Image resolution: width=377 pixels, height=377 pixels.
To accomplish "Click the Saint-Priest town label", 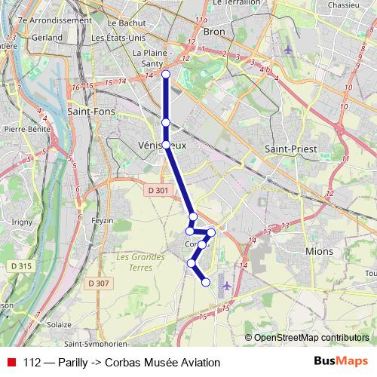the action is tap(290, 149).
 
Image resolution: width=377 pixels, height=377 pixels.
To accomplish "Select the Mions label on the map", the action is tap(320, 251).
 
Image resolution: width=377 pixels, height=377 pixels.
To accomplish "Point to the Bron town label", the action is tap(214, 33).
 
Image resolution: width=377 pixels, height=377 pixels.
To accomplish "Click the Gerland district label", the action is tap(47, 36).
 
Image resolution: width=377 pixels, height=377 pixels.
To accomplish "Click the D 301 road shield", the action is tap(158, 191).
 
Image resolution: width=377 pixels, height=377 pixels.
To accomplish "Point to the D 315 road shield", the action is tap(20, 266).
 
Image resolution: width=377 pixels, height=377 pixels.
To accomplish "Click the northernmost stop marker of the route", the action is tap(166, 74).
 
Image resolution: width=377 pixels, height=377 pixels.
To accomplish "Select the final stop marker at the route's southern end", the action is tap(206, 282).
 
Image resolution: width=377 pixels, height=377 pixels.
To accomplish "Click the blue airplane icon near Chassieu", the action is tap(289, 50).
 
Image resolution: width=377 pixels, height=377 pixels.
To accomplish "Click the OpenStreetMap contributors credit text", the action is tap(311, 337).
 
